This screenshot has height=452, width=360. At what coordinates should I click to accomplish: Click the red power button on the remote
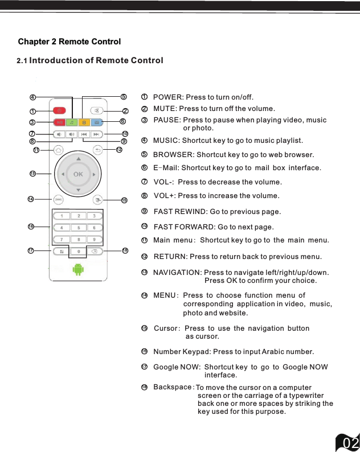(x=59, y=110)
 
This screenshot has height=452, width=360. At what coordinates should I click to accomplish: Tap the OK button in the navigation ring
(x=78, y=174)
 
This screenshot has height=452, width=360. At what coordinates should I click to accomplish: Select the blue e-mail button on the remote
(x=97, y=122)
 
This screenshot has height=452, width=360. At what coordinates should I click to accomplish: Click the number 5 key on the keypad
(x=78, y=228)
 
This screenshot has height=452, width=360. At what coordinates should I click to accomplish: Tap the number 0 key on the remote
(x=78, y=251)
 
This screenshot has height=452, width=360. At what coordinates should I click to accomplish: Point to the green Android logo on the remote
(x=78, y=270)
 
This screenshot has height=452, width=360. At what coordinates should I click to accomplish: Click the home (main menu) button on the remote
(x=59, y=150)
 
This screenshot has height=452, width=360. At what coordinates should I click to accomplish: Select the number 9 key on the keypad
(x=95, y=240)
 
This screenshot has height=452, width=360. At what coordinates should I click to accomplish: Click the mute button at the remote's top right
(x=97, y=110)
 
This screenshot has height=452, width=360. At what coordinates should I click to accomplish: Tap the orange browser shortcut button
(x=84, y=122)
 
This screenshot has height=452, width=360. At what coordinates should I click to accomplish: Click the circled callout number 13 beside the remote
(x=32, y=173)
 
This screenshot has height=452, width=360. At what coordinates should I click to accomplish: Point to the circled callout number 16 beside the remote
(x=31, y=226)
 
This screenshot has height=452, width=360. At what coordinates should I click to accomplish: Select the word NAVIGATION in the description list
(x=177, y=273)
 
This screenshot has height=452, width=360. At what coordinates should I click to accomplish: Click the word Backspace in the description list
(x=173, y=387)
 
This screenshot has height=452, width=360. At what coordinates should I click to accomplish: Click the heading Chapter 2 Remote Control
(x=69, y=42)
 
